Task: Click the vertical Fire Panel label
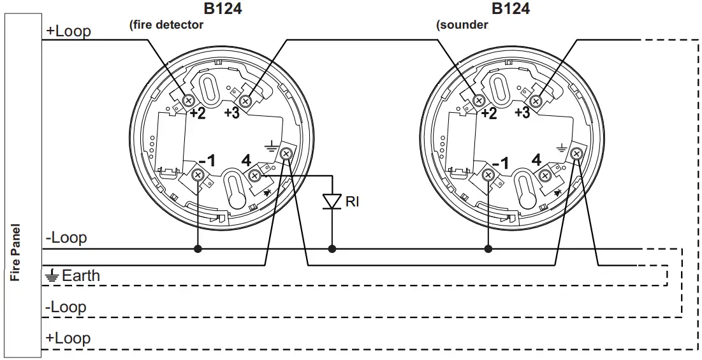17,252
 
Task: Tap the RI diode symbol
331,201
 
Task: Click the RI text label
352,202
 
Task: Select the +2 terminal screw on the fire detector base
188,100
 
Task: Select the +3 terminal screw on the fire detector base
245,101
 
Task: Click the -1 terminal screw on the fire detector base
198,175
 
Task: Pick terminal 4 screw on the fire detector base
254,175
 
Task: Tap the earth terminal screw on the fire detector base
286,154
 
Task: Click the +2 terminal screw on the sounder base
479,100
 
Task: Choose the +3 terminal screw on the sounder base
536,101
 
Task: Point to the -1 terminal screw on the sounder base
489,175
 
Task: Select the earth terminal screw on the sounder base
577,154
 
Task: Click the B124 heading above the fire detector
223,9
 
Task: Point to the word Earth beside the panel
80,276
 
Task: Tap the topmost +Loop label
68,31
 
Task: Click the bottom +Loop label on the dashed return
68,338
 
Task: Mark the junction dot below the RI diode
331,248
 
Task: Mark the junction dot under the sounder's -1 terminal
488,248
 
